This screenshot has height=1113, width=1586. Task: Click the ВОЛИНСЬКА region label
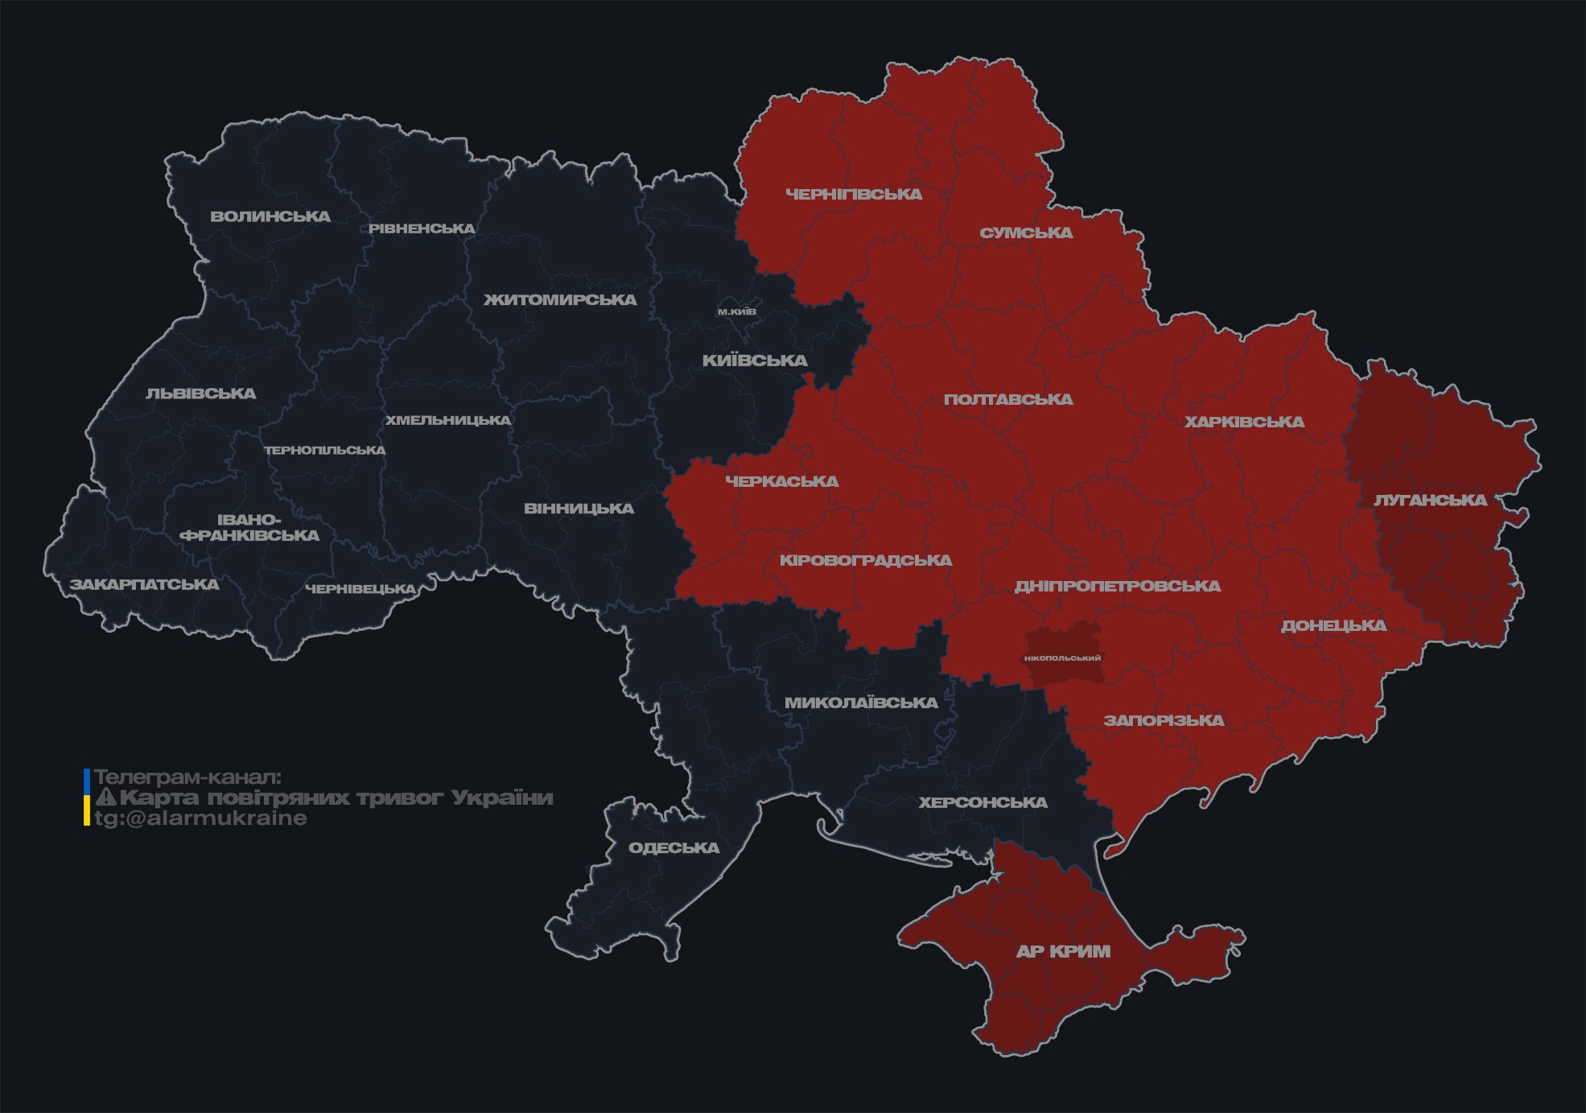[x=270, y=216]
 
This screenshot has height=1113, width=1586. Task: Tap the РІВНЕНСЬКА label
[x=422, y=229]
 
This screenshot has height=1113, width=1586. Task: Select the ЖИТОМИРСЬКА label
[x=560, y=300]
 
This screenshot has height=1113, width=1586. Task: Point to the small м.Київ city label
[x=737, y=311]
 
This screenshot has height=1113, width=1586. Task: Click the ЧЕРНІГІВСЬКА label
[x=854, y=195]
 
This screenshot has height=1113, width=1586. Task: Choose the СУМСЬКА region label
[x=1026, y=233]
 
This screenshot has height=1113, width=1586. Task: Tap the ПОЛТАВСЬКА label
[x=1008, y=400]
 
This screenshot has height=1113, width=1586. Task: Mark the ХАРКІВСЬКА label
[x=1244, y=423]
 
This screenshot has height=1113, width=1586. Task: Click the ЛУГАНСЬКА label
[x=1430, y=501]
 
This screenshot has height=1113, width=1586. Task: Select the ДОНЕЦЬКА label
[x=1333, y=626]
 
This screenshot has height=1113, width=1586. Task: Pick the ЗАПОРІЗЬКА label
[x=1164, y=721]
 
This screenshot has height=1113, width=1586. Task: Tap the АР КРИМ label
[x=1063, y=952]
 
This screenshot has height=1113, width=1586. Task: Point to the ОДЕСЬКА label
[x=674, y=848]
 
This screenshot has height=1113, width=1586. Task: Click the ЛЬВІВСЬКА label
[x=201, y=394]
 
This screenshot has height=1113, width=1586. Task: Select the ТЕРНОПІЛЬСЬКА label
[x=325, y=451]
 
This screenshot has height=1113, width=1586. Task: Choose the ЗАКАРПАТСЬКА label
[x=145, y=585]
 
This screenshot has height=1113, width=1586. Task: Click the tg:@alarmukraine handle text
[x=200, y=818]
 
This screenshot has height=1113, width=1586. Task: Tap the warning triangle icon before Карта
[x=106, y=798]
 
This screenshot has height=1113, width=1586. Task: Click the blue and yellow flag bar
[x=87, y=798]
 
